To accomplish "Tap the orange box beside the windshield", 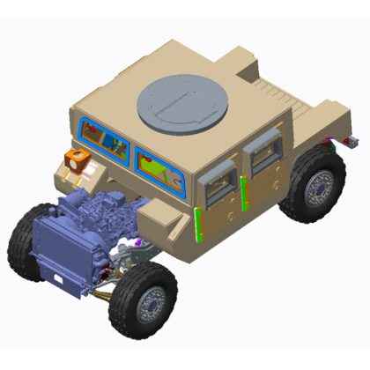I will click(77, 159).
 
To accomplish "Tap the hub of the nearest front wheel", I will click(149, 305).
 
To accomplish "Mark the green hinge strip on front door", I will click(198, 225).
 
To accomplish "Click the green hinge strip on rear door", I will click(242, 195).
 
